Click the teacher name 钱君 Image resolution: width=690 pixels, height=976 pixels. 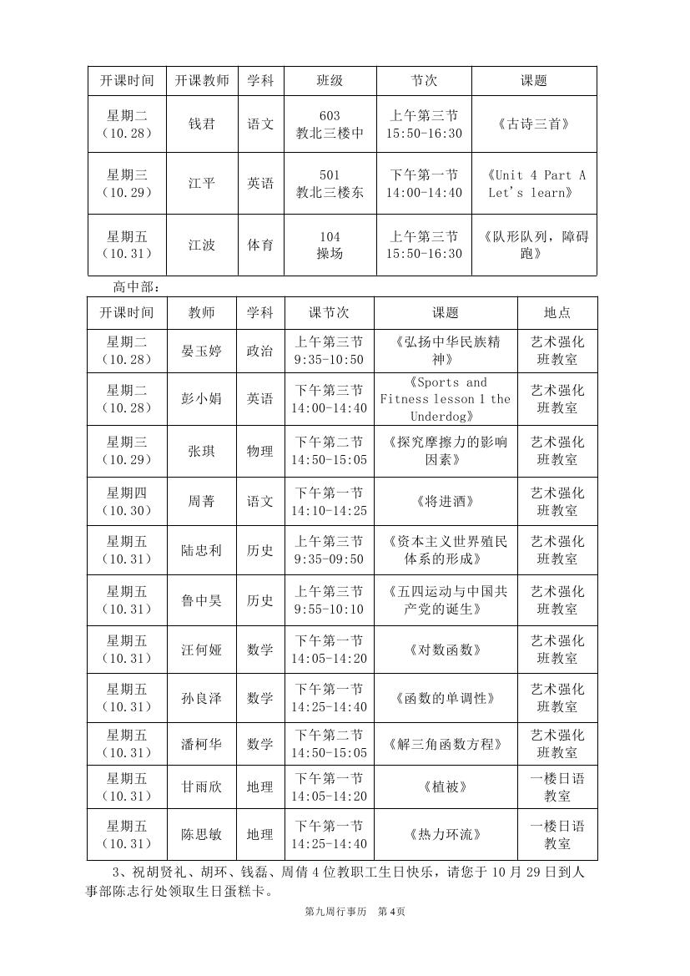tap(202, 124)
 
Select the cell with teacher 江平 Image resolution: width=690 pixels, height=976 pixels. tap(202, 184)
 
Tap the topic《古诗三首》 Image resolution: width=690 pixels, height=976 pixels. tap(534, 124)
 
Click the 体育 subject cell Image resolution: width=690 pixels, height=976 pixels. tap(260, 245)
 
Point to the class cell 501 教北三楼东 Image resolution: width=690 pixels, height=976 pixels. tap(330, 184)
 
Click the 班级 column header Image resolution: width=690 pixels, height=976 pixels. tap(330, 81)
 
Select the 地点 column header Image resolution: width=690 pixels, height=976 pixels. tap(557, 313)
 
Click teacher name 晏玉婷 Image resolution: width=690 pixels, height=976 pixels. tap(202, 351)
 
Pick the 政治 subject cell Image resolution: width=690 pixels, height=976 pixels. tap(260, 351)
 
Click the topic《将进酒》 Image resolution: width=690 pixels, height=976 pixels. tap(445, 502)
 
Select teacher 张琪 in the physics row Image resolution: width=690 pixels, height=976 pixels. tap(202, 451)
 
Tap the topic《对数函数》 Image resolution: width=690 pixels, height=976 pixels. tap(445, 650)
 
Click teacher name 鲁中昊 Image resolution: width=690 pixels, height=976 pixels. tap(202, 600)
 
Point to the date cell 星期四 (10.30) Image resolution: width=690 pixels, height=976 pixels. tap(127, 502)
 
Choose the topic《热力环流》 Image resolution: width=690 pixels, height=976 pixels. tap(445, 834)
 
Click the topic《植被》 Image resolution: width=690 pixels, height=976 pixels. tap(445, 787)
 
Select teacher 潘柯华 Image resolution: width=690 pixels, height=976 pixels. tap(202, 744)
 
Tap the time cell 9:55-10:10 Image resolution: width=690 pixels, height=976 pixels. tap(329, 609)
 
